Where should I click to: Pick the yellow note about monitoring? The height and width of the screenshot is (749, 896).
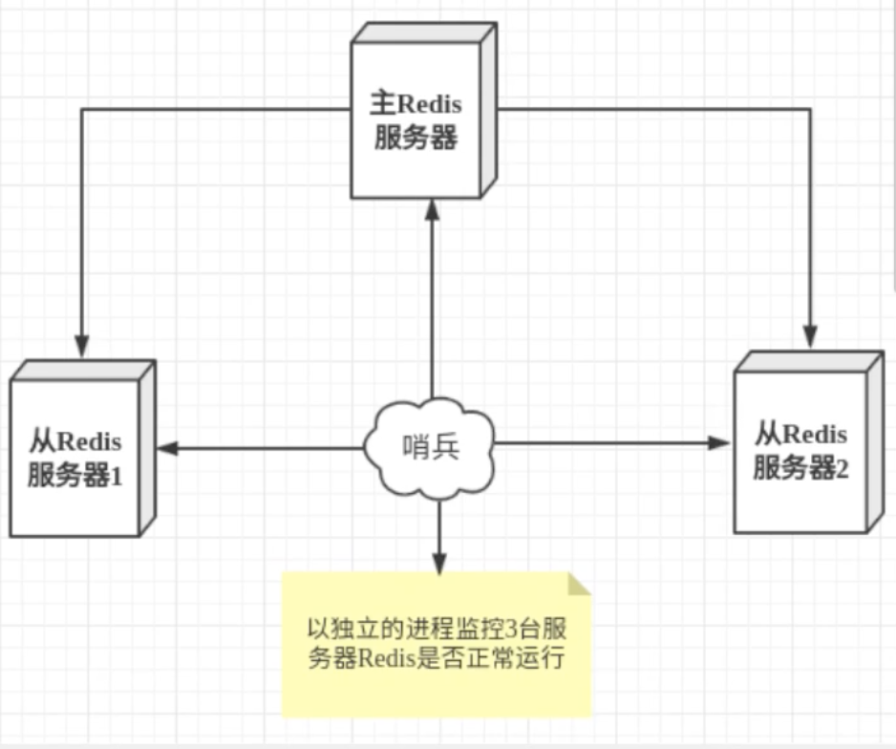pos(436,645)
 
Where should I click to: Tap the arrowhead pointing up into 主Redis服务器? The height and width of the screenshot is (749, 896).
pos(432,208)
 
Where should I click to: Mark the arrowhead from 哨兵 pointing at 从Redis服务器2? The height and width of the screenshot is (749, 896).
pos(720,443)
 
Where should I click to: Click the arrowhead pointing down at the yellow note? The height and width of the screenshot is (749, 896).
pos(438,562)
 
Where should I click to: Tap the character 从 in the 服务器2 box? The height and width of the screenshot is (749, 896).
pos(768,435)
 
